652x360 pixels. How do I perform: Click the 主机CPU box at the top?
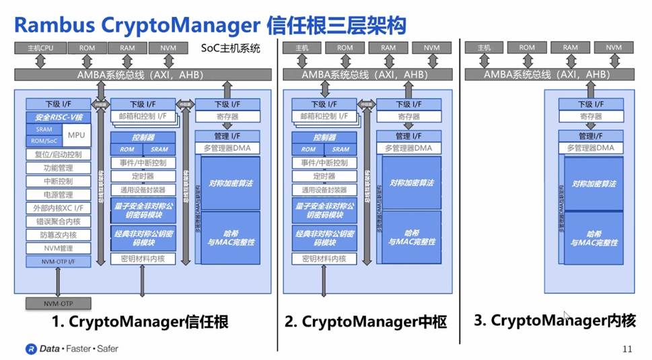point(40,48)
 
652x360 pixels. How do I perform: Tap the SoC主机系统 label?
point(230,48)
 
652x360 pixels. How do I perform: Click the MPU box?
point(75,135)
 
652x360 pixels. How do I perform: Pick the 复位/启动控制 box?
point(58,154)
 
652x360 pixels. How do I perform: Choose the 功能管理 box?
point(58,168)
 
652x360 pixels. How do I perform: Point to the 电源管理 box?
point(58,194)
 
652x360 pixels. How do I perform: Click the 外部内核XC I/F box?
point(58,208)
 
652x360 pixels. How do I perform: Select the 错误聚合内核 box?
point(58,221)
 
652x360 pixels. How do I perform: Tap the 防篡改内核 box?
point(58,235)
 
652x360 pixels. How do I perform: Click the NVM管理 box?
point(58,248)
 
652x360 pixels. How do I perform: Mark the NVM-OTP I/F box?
point(58,260)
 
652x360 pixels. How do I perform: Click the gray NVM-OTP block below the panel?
point(58,303)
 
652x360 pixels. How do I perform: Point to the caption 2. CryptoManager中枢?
point(365,322)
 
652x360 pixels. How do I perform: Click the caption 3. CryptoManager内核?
point(554,320)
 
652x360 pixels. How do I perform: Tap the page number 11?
point(627,349)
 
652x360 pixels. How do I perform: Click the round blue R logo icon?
point(31,349)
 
